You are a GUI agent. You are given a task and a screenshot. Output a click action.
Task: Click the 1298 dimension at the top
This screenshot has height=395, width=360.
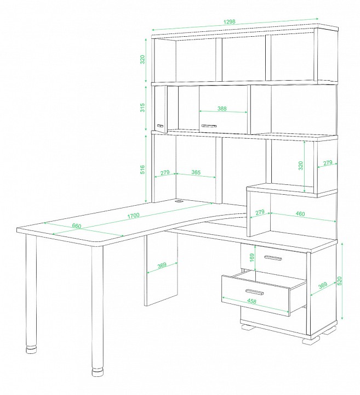coord(229,21)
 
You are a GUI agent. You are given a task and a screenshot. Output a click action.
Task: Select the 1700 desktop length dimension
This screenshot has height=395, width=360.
coord(133,216)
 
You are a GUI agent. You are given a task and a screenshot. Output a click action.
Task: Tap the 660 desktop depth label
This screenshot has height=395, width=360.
coord(77,226)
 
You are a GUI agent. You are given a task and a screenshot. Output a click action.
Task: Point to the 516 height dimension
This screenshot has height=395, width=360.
coord(142,170)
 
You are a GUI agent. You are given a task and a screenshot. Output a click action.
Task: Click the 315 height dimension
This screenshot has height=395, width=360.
coord(142,108)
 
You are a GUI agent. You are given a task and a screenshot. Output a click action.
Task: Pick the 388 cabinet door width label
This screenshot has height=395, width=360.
coord(222,109)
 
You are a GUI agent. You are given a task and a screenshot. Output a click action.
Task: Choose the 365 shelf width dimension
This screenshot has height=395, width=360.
coord(196,172)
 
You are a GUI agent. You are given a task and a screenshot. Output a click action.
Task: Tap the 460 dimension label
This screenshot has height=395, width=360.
coord(300,214)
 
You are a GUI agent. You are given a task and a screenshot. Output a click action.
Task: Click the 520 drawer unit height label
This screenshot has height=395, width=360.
coord(340,281)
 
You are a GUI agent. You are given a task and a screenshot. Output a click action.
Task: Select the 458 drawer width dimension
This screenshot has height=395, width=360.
coord(252,301)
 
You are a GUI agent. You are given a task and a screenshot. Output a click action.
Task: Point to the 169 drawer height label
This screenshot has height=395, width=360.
coord(252,257)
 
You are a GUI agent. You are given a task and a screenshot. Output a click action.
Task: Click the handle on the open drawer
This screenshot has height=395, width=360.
coord(255,292)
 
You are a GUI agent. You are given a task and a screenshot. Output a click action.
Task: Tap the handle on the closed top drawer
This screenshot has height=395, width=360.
coord(273,258)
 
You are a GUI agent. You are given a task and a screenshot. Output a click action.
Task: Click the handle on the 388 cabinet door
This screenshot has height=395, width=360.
coord(208,126)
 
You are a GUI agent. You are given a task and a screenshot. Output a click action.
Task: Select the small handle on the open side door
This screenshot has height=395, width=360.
coord(160,126)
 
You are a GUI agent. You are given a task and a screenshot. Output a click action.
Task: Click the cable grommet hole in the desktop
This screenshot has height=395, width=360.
coord(179,201)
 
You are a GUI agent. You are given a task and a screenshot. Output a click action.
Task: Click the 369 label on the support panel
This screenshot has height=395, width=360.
coord(162,266)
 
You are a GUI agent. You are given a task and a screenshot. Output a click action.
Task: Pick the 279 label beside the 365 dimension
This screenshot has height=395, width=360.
coord(165,173)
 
